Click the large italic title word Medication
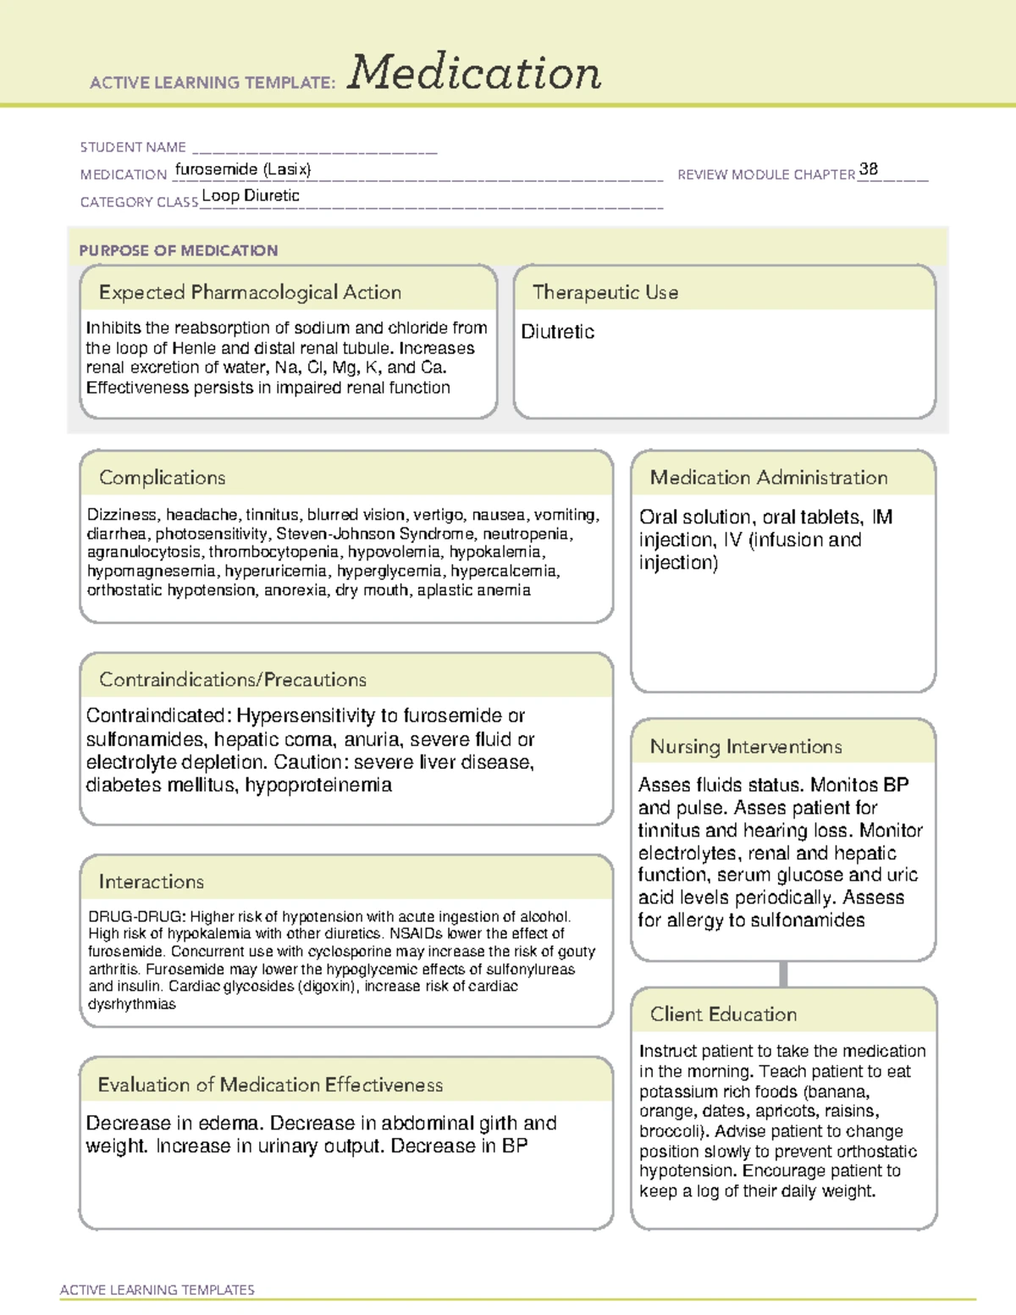click(474, 73)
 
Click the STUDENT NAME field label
click(133, 147)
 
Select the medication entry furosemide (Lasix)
click(243, 169)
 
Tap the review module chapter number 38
click(868, 169)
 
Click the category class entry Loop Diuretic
click(251, 196)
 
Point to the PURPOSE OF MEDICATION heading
click(179, 251)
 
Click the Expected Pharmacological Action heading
click(250, 292)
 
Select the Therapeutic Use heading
click(605, 292)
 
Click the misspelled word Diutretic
click(557, 332)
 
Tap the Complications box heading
click(163, 478)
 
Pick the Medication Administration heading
click(769, 478)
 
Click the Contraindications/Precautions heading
click(233, 679)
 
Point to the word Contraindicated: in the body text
click(158, 716)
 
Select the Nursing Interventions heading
click(746, 746)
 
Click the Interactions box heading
click(152, 881)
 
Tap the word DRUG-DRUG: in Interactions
click(136, 916)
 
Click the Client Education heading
click(723, 1014)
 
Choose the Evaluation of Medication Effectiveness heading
click(270, 1085)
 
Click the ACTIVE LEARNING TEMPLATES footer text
click(157, 1290)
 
